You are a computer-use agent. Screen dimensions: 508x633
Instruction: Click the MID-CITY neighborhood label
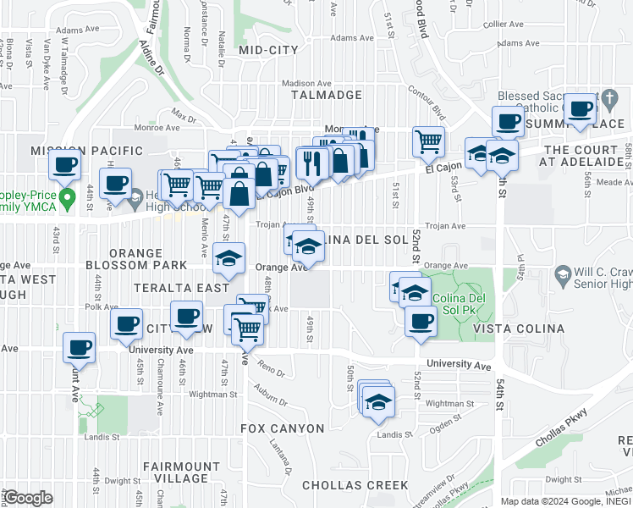pyautogui.click(x=268, y=50)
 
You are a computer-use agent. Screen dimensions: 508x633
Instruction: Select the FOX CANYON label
pyautogui.click(x=283, y=428)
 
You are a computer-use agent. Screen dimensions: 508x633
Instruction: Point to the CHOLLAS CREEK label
pyautogui.click(x=355, y=485)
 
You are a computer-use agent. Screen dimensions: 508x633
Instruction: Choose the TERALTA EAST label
pyautogui.click(x=181, y=288)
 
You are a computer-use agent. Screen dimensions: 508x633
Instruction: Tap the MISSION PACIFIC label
pyautogui.click(x=86, y=151)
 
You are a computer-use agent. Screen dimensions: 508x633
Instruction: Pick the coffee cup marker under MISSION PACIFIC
pyautogui.click(x=65, y=166)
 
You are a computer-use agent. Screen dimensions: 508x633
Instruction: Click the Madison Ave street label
pyautogui.click(x=306, y=83)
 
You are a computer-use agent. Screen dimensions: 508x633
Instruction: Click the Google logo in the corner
pyautogui.click(x=29, y=498)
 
